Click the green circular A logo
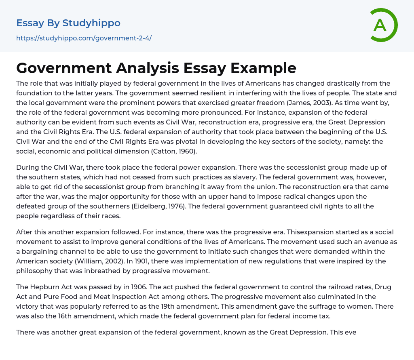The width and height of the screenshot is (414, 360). (x=382, y=25)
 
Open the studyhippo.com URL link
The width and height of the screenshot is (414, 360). (x=84, y=38)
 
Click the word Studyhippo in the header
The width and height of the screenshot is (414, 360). (x=91, y=23)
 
